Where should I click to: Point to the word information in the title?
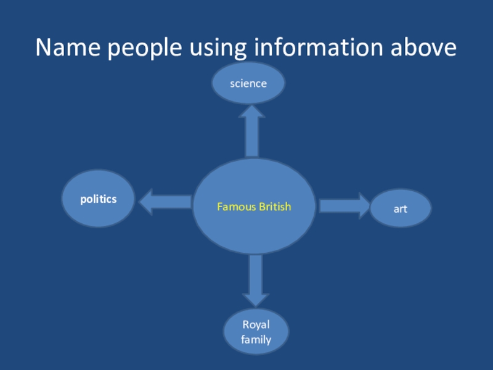pos(319,47)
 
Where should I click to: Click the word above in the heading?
pos(426,47)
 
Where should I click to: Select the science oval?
pos(248,83)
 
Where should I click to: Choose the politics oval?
pos(99,199)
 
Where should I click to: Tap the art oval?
pos(401,208)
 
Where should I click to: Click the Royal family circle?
pos(256,332)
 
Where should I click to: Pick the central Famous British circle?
pos(254,207)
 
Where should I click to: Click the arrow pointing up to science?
pos(251,131)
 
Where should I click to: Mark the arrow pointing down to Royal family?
pos(256,280)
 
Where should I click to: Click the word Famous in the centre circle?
pos(236,207)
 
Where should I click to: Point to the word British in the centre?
pos(274,207)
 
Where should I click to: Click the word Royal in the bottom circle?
pos(256,325)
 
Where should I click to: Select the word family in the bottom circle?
pos(256,339)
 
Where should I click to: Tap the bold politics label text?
pos(99,199)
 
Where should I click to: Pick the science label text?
pos(248,83)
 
